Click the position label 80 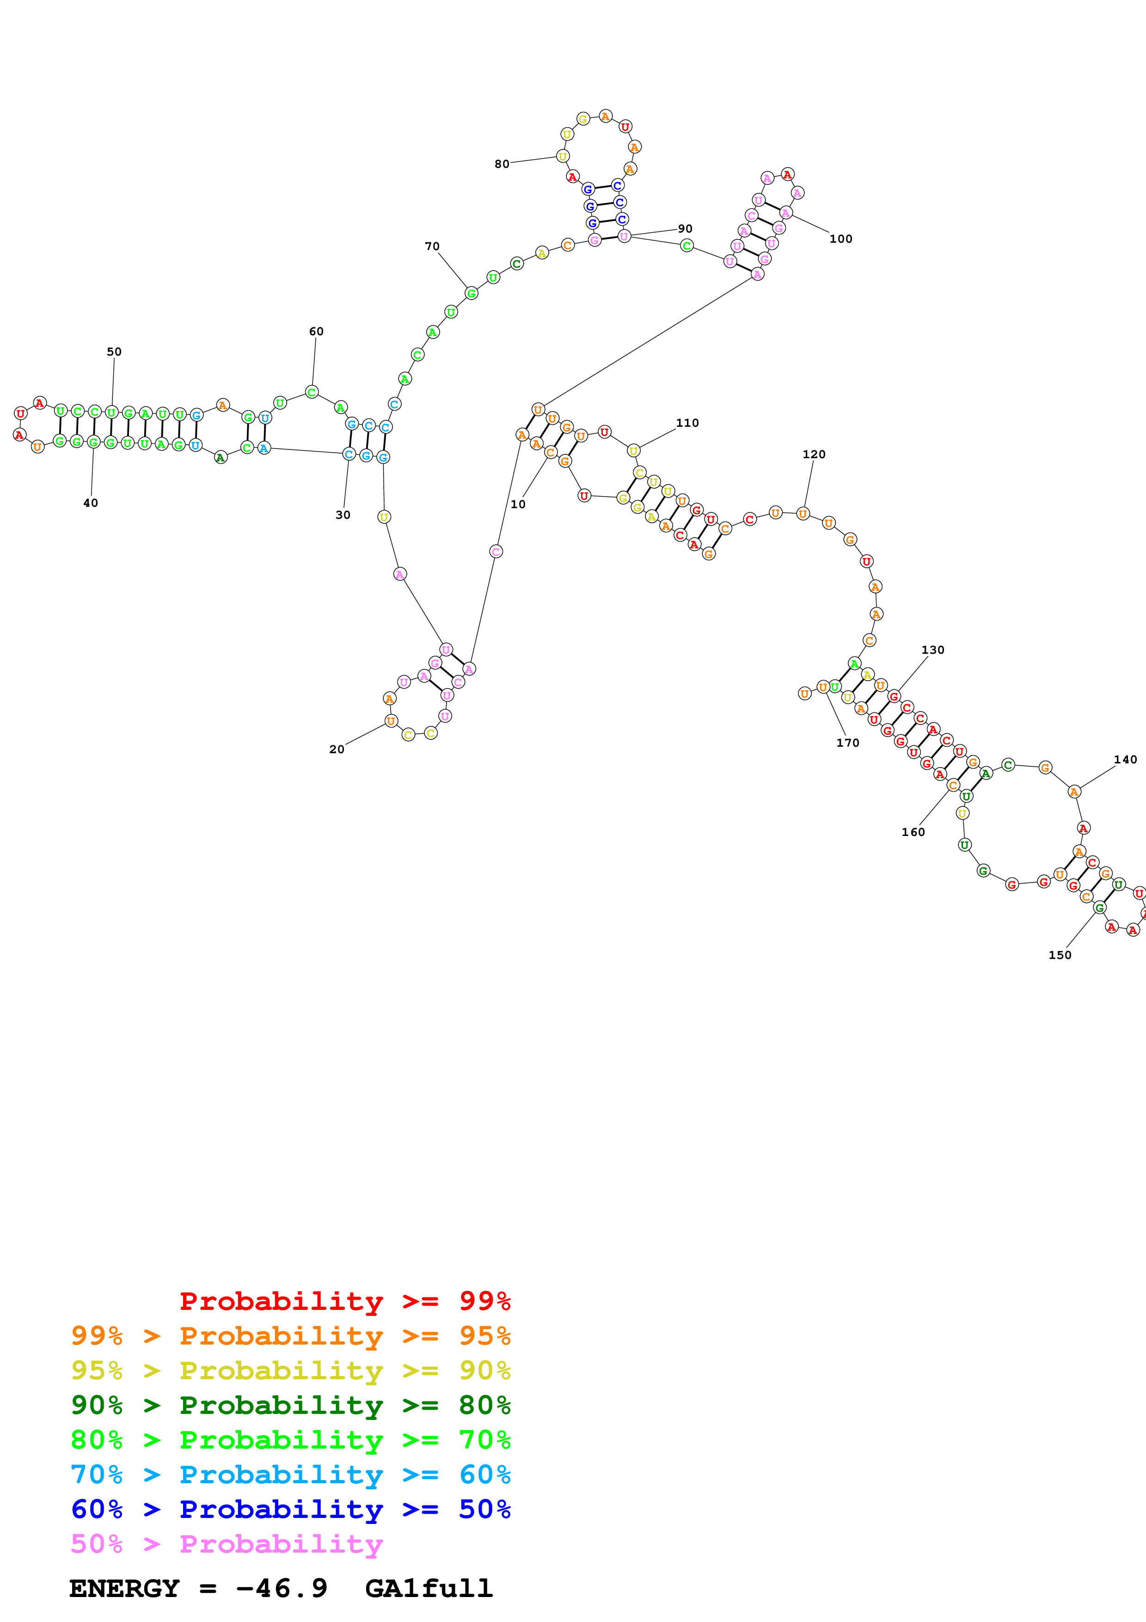pos(501,164)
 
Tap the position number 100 pos(840,239)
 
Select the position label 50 pos(114,352)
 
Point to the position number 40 pos(91,503)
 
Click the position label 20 pos(337,750)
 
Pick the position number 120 pos(814,454)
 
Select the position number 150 pos(1059,955)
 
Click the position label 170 pos(847,743)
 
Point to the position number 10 pos(518,504)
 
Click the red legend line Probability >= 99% pos(344,1301)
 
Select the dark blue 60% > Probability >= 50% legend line pos(290,1509)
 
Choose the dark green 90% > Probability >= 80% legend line pos(290,1405)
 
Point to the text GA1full pos(429,1589)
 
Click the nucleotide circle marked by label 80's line pos(563,156)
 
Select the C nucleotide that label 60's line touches pos(312,392)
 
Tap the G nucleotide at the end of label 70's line pos(471,293)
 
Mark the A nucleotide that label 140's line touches pos(1074,792)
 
